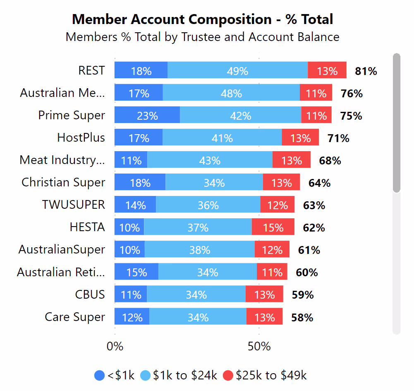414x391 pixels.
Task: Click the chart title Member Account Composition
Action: coord(203,19)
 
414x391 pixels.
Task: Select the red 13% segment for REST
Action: coord(327,70)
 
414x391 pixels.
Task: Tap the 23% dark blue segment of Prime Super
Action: coord(147,115)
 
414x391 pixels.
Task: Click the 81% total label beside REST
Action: coord(366,71)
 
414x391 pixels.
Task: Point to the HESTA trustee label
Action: coord(87,227)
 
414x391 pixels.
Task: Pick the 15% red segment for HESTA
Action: coord(273,227)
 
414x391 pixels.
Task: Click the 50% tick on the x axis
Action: coord(259,346)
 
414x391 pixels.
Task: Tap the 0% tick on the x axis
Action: coord(115,346)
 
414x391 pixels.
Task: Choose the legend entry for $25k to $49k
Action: coord(265,375)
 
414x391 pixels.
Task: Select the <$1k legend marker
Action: coord(100,375)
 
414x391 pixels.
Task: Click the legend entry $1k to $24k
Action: coord(179,375)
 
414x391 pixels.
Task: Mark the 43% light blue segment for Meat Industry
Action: coord(210,160)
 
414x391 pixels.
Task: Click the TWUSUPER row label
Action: coord(74,205)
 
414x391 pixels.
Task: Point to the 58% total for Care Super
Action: coord(302,318)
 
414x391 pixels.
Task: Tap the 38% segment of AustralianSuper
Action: coord(200,250)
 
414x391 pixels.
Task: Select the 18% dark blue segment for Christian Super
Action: coord(140,182)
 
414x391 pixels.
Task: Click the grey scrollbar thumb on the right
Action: coord(396,123)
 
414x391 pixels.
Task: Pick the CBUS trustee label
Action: coord(90,294)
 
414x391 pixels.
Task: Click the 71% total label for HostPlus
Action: coord(338,138)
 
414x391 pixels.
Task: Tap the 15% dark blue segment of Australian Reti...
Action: coord(136,272)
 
